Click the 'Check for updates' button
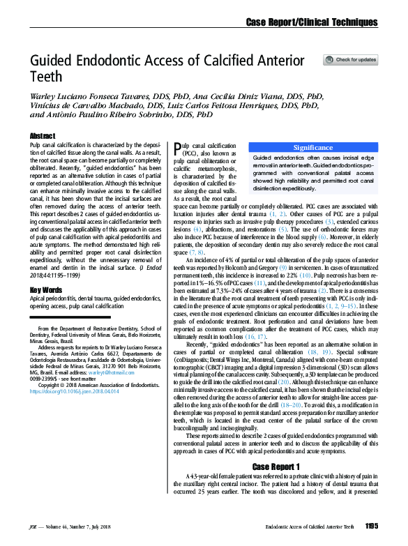click(350, 60)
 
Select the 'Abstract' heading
click(43, 135)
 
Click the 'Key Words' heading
click(46, 289)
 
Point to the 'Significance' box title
click(312, 148)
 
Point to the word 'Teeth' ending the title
click(45, 76)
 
